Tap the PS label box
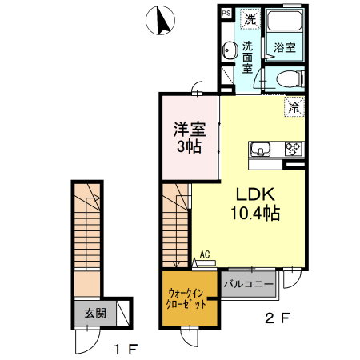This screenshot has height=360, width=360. coord(226,14)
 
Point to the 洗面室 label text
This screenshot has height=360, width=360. coord(248,57)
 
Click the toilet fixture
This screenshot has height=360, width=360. coord(288,78)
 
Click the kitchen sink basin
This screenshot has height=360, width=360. coord(262,148)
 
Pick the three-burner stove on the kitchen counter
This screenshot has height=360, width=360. coord(291,148)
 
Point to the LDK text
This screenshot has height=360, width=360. coord(254,194)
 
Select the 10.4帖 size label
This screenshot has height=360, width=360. coord(254,213)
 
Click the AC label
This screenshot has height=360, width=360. coord(205,254)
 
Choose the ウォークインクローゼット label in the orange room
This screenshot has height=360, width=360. coord(189,298)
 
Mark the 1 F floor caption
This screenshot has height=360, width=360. coord(126,348)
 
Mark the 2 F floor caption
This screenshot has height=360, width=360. coord(277,318)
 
